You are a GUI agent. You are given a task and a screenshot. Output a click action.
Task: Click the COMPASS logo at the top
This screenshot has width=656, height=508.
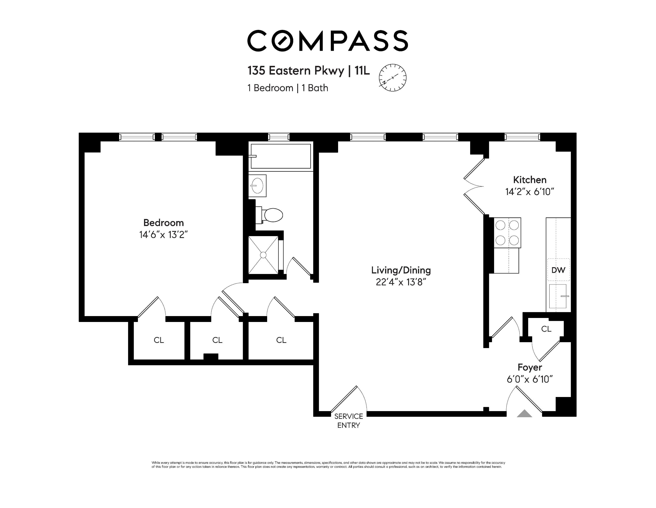(x=327, y=41)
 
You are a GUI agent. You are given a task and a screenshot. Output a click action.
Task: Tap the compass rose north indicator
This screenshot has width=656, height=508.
(x=393, y=78)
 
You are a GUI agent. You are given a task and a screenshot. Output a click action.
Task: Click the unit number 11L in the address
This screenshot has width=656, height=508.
(x=362, y=71)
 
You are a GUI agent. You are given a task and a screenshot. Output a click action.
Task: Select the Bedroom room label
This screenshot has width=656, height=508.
(x=163, y=223)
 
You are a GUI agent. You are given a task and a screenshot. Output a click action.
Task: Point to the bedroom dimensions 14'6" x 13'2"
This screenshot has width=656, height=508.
(x=163, y=235)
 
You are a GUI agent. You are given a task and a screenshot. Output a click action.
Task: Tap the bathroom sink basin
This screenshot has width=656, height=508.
(x=257, y=186)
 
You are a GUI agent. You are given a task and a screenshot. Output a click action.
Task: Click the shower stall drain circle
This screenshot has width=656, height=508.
(x=263, y=255)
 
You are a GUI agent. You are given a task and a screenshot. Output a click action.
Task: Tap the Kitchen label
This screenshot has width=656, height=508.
(x=530, y=180)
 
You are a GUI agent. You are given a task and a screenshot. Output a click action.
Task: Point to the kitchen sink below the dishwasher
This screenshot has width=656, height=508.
(x=558, y=296)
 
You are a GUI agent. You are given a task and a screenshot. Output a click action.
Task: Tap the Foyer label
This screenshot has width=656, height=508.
(x=530, y=367)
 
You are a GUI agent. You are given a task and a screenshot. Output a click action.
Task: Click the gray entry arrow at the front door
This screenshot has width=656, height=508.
(x=524, y=414)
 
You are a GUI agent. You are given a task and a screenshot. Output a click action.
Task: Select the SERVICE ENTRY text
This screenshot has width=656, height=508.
(x=348, y=421)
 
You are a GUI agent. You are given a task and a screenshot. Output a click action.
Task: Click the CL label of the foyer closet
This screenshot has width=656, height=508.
(x=546, y=329)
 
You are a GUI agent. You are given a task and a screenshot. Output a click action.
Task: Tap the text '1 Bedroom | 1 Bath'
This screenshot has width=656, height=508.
(x=287, y=88)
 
